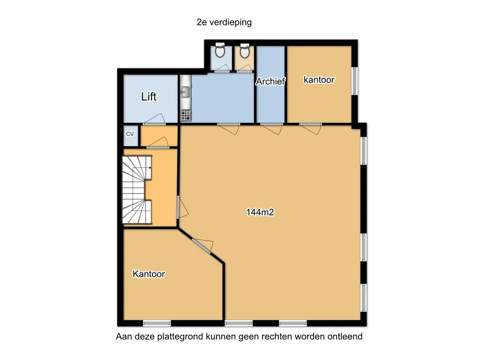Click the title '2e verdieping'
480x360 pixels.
(224, 22)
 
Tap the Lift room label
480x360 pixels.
(149, 97)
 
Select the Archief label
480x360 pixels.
(270, 81)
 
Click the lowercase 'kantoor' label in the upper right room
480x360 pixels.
(319, 80)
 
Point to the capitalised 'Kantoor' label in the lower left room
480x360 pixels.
(149, 274)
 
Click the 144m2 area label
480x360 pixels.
(260, 212)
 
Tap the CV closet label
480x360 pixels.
(130, 134)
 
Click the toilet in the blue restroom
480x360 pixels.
(220, 50)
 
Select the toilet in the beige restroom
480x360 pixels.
(244, 51)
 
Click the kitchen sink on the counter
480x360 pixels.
(185, 91)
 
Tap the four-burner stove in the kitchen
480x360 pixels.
(186, 116)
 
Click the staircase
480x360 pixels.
(137, 190)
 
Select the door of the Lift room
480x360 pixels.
(155, 120)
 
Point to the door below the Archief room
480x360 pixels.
(271, 128)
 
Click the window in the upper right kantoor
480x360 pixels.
(354, 81)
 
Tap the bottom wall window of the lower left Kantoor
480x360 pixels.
(157, 323)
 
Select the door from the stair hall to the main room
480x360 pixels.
(182, 207)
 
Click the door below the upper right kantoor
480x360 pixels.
(310, 128)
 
